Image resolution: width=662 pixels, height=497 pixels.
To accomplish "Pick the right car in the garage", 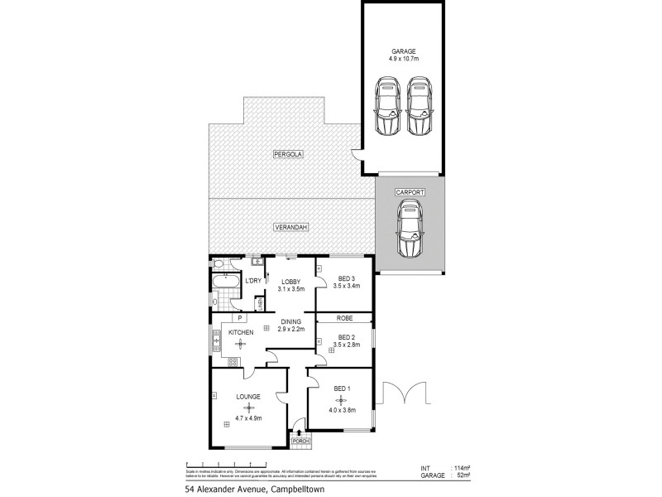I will (x=420, y=106).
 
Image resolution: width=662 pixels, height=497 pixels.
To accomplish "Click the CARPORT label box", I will (x=409, y=192).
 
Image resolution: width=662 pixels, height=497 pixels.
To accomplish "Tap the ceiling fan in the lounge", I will (x=246, y=407).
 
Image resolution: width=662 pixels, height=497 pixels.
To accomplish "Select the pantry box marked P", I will (x=239, y=317).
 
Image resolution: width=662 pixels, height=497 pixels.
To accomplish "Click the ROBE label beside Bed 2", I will (x=345, y=317).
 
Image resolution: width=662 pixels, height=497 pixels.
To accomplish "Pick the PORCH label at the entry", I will (x=301, y=442).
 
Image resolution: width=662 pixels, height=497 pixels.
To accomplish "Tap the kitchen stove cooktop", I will (x=222, y=361).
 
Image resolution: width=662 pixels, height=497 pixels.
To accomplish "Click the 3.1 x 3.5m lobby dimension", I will (x=291, y=289).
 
